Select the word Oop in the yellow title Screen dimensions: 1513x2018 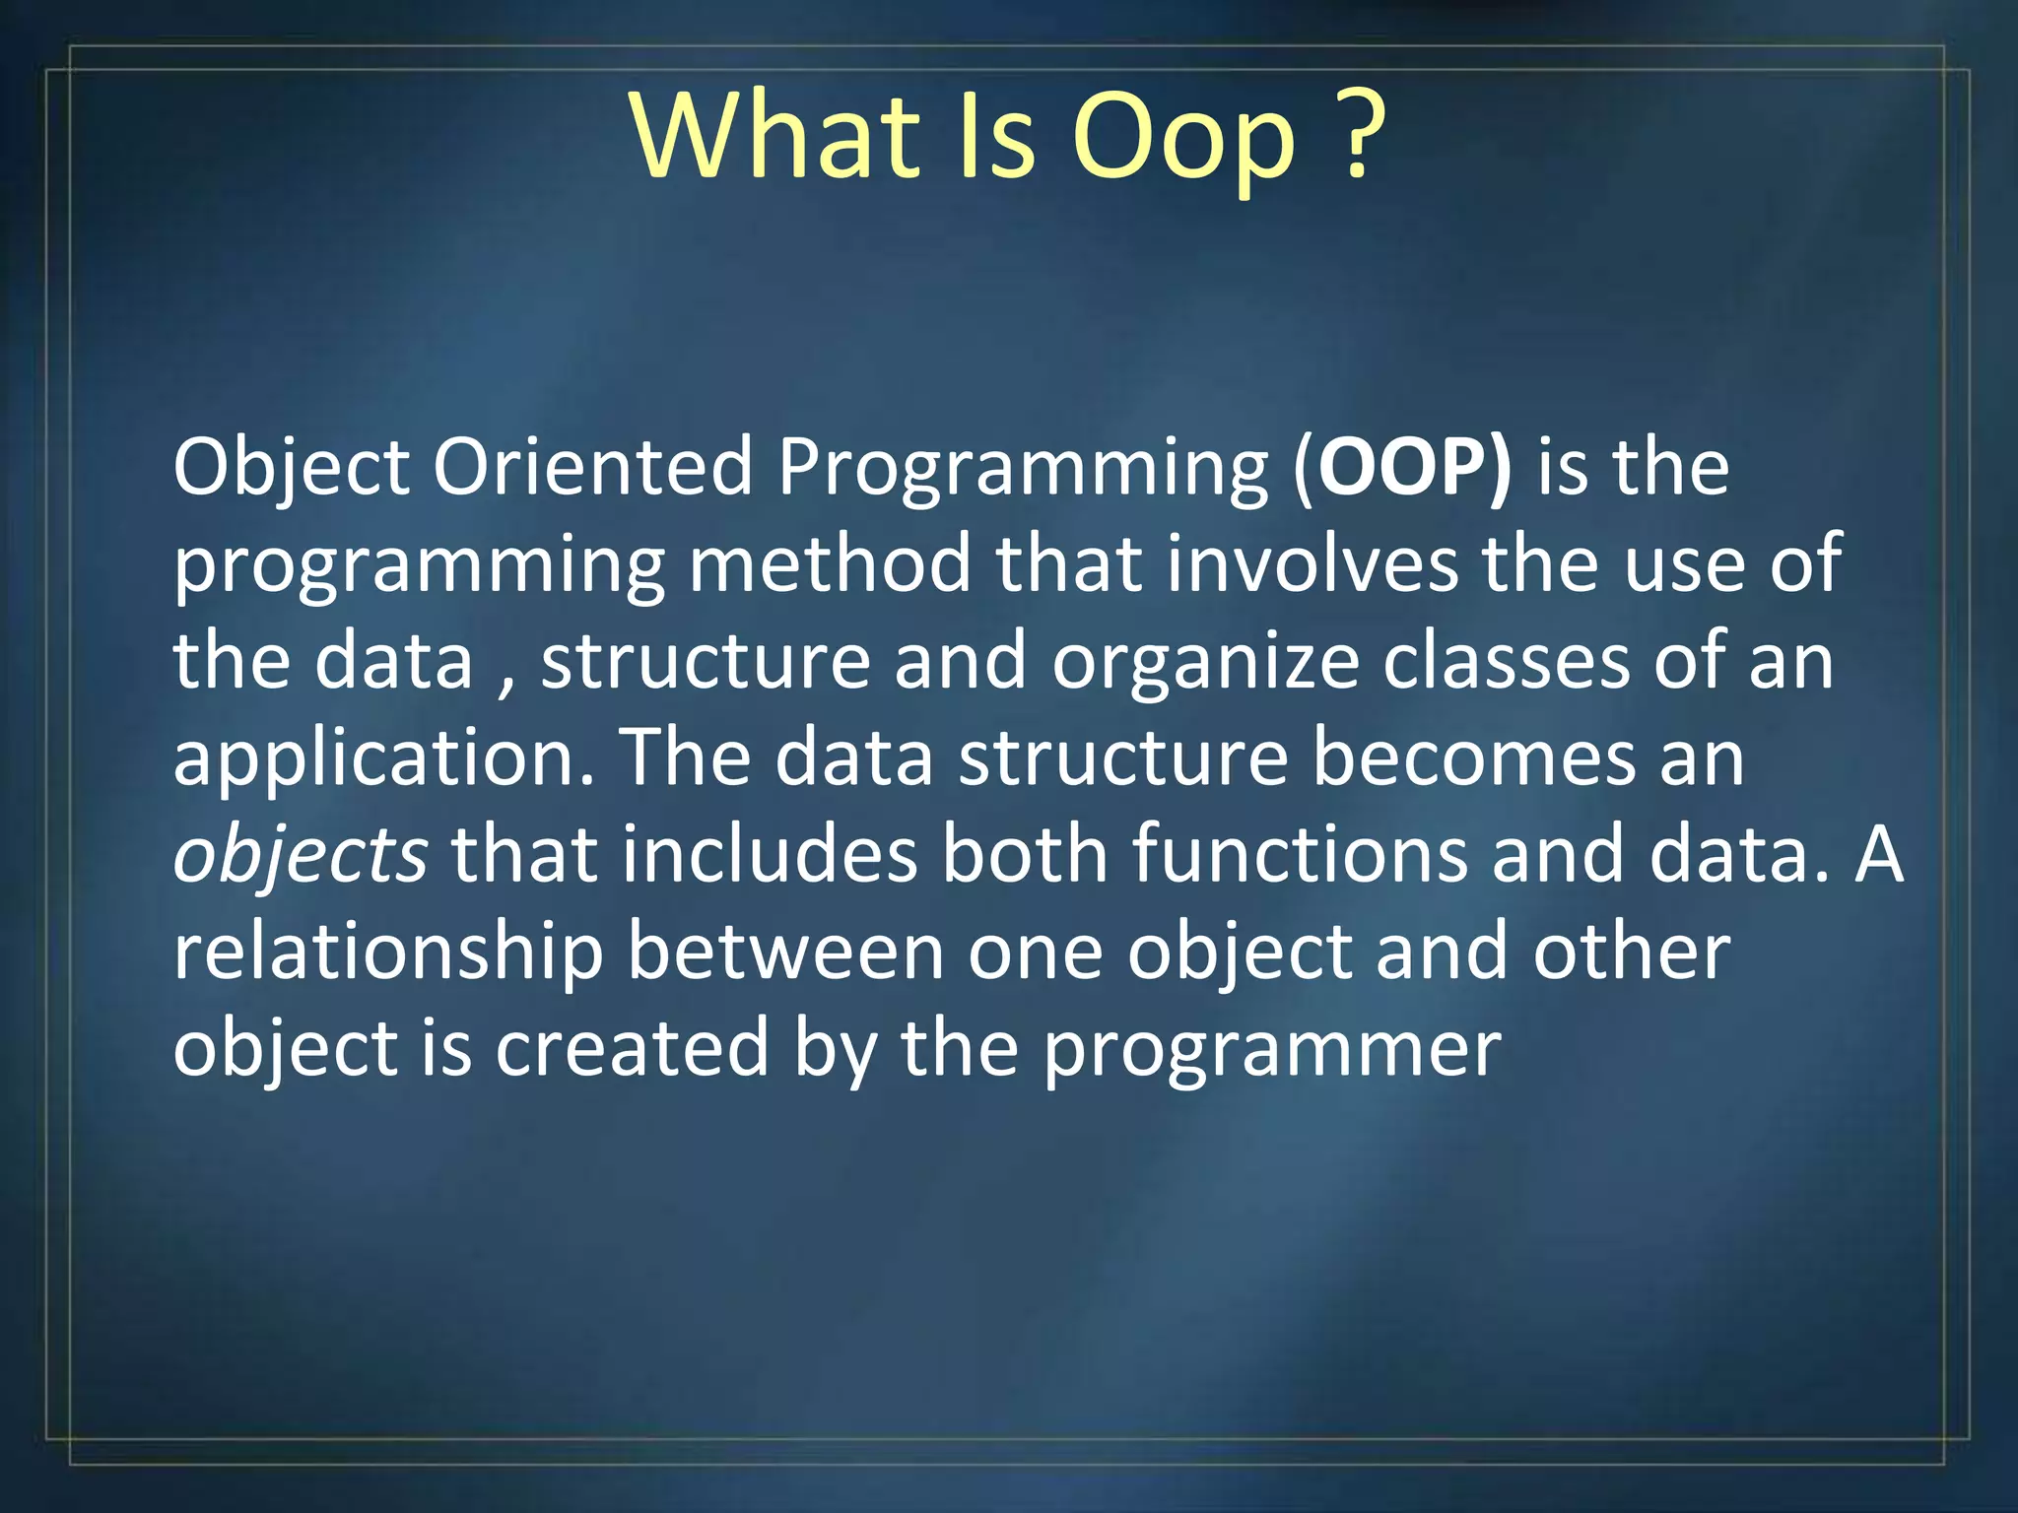(1182, 138)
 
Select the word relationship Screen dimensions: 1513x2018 (387, 953)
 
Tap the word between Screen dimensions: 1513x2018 (785, 951)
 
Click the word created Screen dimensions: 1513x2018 (631, 1047)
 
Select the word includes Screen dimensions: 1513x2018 (769, 854)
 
